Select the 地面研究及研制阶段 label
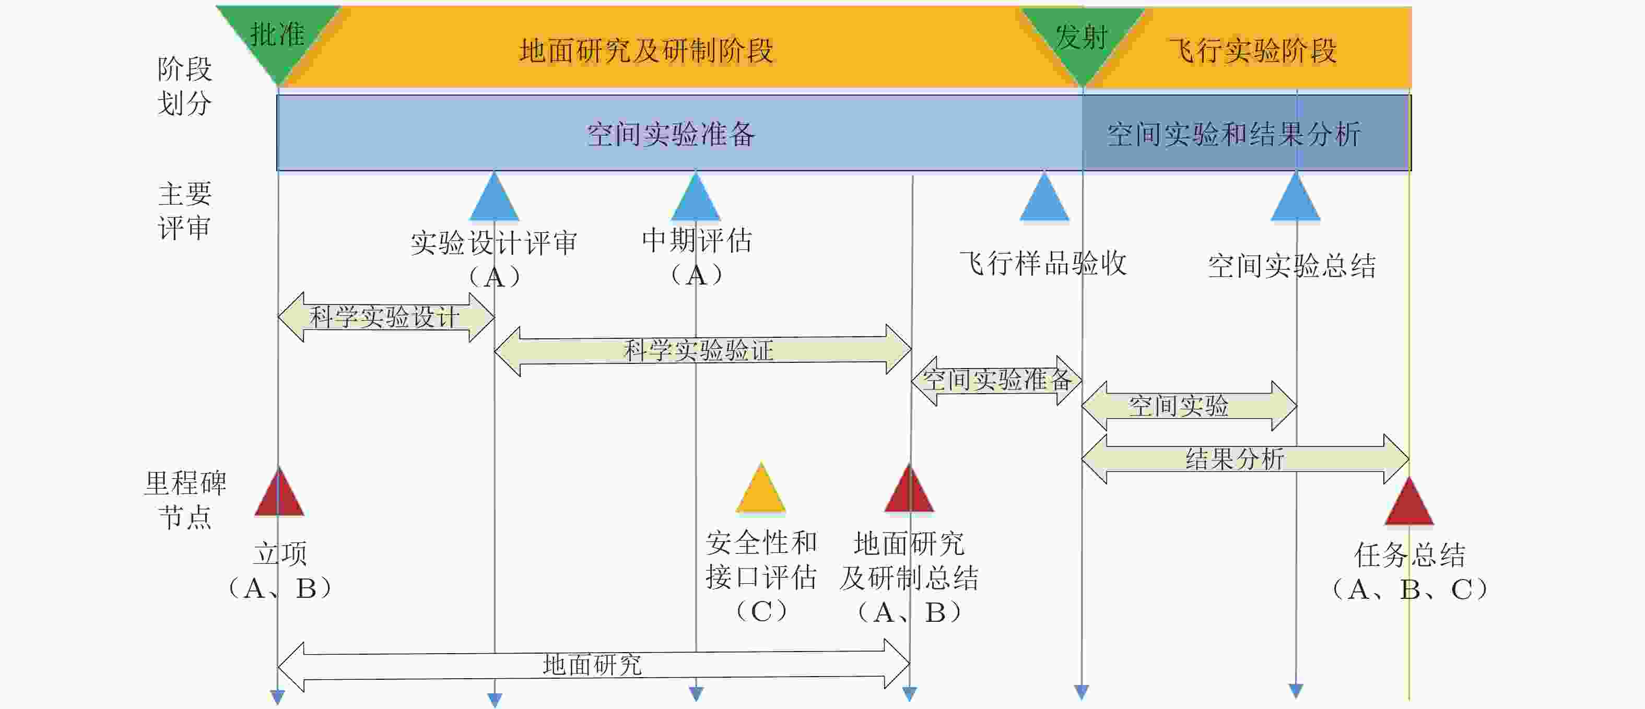tap(647, 51)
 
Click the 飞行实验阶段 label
tap(1253, 51)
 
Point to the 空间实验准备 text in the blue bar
tap(671, 134)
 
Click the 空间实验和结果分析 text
tap(1233, 134)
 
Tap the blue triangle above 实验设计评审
tap(494, 199)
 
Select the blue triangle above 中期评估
tap(696, 199)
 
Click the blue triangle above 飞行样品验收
tap(1044, 199)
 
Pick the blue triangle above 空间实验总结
tap(1296, 199)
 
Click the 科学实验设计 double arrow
tap(385, 317)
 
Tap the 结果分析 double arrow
tap(1244, 459)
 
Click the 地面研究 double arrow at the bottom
tap(593, 665)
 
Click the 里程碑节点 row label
tap(185, 500)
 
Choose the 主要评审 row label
tap(185, 210)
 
